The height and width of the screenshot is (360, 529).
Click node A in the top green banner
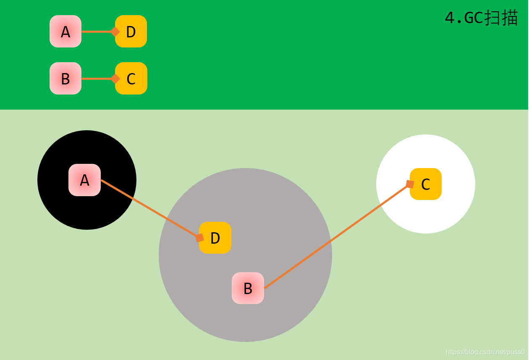point(65,32)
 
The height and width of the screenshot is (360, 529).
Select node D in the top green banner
point(131,32)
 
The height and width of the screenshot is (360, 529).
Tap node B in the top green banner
point(65,79)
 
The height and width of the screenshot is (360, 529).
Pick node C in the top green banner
point(131,79)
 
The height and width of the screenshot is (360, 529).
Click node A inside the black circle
point(84,180)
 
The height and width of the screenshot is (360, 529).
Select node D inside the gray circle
point(215,238)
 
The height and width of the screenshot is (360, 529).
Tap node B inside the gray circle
point(248,288)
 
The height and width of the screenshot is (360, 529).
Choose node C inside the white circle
point(426,184)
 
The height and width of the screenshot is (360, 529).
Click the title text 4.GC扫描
point(481,18)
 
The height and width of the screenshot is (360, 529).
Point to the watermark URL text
point(485,352)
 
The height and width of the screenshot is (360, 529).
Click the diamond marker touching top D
point(115,32)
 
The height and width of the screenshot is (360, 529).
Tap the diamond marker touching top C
point(115,79)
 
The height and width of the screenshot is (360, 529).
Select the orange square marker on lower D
point(199,238)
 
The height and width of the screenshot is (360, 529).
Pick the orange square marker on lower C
point(410,184)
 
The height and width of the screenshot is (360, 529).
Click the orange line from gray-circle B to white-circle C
point(336,237)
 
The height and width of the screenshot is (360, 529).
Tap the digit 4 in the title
point(450,18)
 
